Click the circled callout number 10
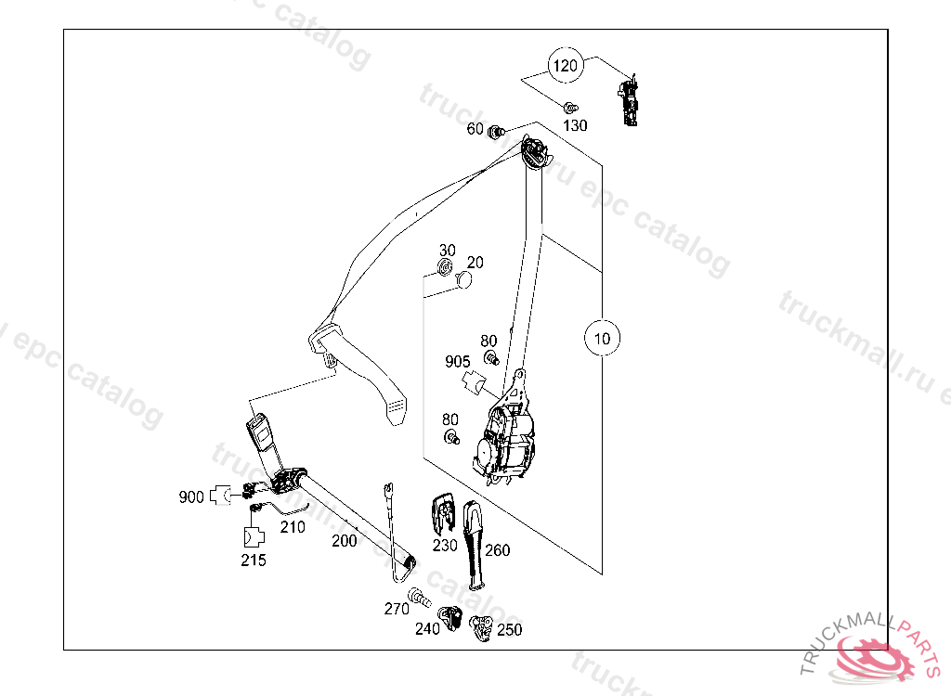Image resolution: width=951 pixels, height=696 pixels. (x=603, y=339)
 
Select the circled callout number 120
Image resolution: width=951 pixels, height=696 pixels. (x=566, y=66)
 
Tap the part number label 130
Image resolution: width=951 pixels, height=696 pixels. (x=576, y=126)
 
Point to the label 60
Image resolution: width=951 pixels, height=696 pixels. (x=475, y=129)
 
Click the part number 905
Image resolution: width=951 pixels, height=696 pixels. (x=458, y=361)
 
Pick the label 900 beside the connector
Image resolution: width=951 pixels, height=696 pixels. (x=191, y=497)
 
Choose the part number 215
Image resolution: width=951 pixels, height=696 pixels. (x=253, y=561)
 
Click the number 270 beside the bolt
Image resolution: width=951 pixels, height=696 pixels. (x=397, y=610)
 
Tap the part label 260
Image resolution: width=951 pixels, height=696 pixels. (x=497, y=550)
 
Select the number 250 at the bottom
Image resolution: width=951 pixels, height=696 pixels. (x=509, y=630)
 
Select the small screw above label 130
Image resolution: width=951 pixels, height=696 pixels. (x=571, y=107)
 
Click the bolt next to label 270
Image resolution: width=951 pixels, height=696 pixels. (x=420, y=599)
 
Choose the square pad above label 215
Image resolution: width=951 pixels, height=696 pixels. (x=253, y=537)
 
